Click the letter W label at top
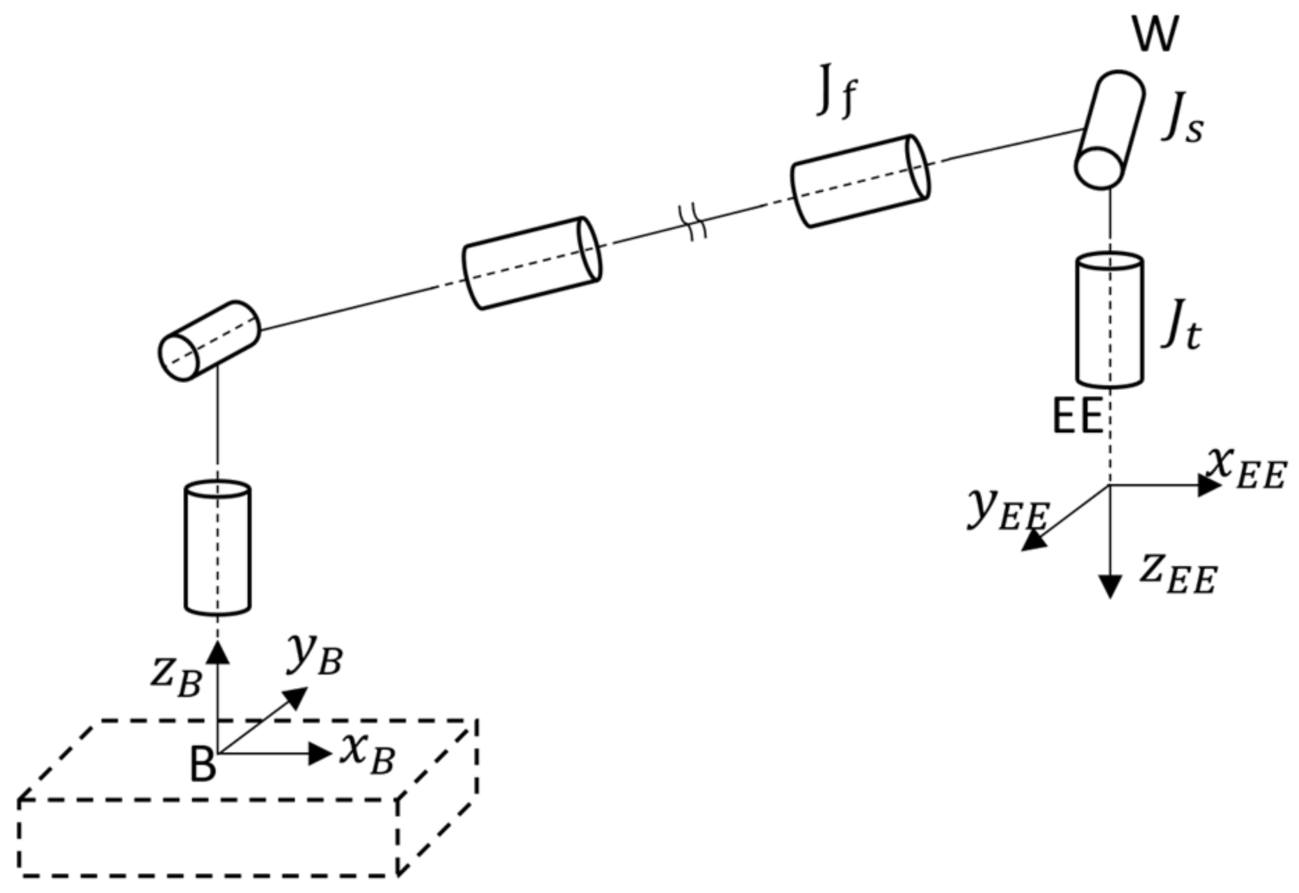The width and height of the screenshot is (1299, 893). tap(1155, 35)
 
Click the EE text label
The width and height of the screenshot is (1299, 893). tap(1077, 417)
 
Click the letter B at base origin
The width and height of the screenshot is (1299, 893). tap(202, 765)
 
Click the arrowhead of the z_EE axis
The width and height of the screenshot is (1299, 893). tap(1111, 586)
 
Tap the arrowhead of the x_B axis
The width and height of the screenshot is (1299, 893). tap(320, 753)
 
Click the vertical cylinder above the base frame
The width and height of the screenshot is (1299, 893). tap(218, 548)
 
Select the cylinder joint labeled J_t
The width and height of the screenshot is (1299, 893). tap(1109, 320)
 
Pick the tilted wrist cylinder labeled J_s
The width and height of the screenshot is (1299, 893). tap(1111, 129)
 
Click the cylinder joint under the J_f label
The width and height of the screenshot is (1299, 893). tap(861, 181)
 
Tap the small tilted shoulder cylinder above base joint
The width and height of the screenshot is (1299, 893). tap(209, 341)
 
